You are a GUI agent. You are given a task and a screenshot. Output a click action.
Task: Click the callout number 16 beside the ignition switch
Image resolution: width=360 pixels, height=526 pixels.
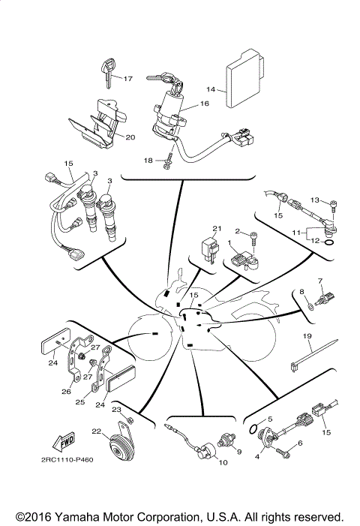point(204,105)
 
